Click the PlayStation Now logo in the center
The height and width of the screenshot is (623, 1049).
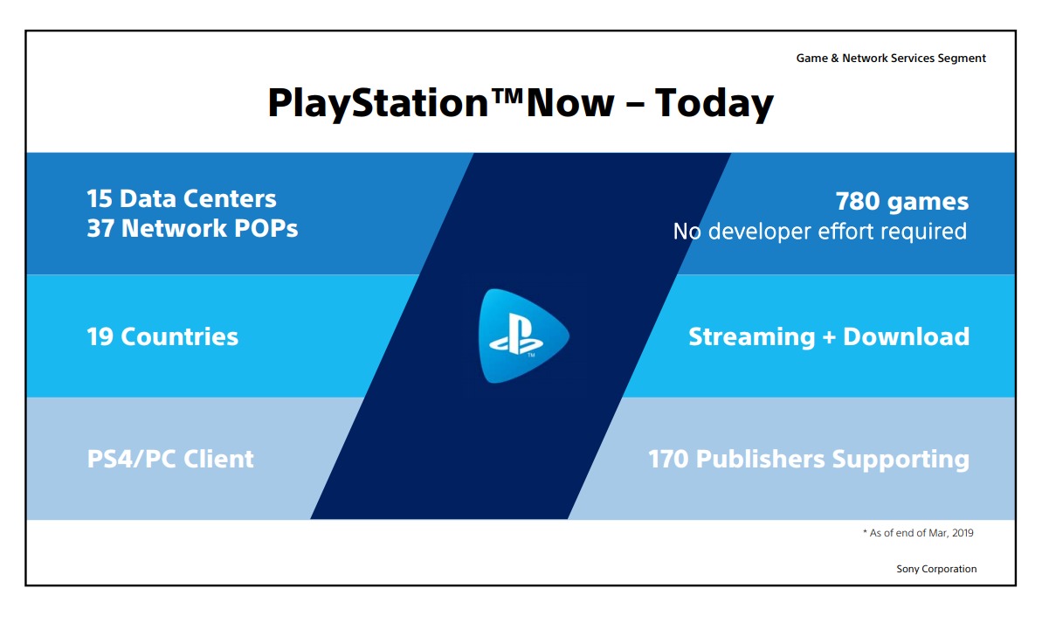click(523, 336)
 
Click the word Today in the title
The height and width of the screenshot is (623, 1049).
click(714, 104)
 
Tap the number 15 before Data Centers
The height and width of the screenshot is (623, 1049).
click(100, 198)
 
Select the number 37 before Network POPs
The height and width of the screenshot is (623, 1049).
click(100, 229)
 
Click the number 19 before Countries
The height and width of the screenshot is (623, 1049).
click(100, 336)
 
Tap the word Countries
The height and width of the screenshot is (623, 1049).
click(180, 336)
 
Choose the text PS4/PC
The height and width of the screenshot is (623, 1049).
click(131, 459)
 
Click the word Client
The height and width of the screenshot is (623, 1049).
click(218, 459)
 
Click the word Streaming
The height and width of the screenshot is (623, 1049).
click(752, 336)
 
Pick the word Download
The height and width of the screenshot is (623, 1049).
click(906, 336)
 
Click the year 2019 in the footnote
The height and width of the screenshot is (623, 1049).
click(963, 533)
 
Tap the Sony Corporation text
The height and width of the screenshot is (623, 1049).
click(936, 569)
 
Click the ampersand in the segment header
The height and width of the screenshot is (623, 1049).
click(834, 58)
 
